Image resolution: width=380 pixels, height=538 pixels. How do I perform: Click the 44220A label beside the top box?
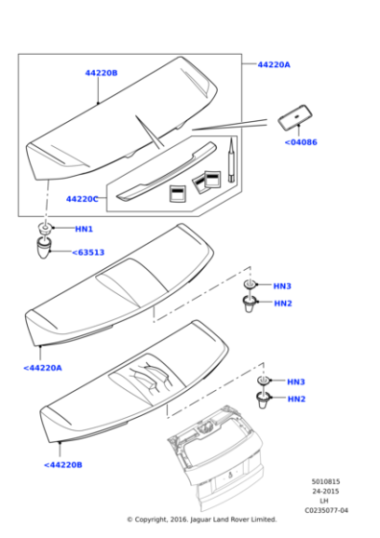tap(273, 64)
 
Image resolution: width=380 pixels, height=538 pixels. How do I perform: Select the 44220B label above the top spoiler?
tap(101, 73)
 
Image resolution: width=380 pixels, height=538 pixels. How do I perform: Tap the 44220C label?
tap(82, 199)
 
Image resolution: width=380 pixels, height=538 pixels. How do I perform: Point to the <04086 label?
tap(301, 142)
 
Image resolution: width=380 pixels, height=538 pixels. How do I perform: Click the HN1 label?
tap(83, 229)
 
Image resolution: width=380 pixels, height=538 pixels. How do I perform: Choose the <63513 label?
tap(88, 253)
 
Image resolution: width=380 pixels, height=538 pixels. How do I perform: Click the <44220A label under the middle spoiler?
tap(43, 368)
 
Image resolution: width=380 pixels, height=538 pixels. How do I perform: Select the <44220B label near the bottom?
tap(63, 465)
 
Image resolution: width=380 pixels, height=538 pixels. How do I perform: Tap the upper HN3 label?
tap(282, 286)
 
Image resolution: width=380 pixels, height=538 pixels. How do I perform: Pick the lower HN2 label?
tap(297, 399)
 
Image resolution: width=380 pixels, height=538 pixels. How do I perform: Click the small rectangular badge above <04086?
tap(295, 117)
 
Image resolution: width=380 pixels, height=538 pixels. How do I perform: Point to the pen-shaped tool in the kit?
tap(231, 159)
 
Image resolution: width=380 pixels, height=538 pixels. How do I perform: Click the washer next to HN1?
tap(44, 229)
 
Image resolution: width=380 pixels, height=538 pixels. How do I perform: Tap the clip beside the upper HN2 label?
tap(249, 304)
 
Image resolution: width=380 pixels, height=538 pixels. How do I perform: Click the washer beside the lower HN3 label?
tap(264, 380)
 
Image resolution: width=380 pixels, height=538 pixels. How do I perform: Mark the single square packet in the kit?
tap(178, 193)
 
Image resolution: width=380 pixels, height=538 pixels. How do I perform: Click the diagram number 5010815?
tap(325, 481)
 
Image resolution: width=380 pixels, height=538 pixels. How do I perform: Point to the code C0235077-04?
tap(326, 510)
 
